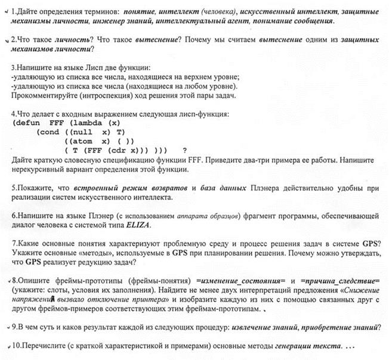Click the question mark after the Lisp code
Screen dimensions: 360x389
[185, 151]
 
